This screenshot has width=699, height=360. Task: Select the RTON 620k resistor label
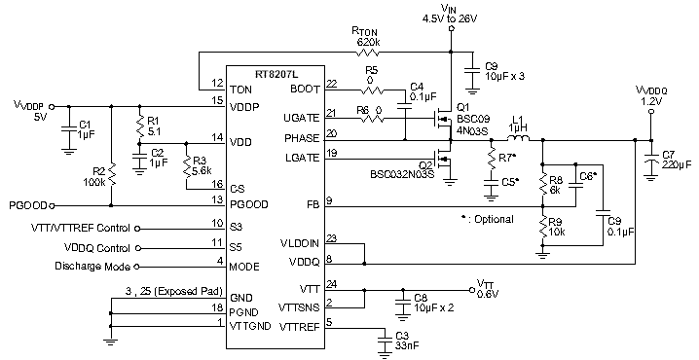coord(367,38)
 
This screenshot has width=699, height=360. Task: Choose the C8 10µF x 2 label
coord(434,303)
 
